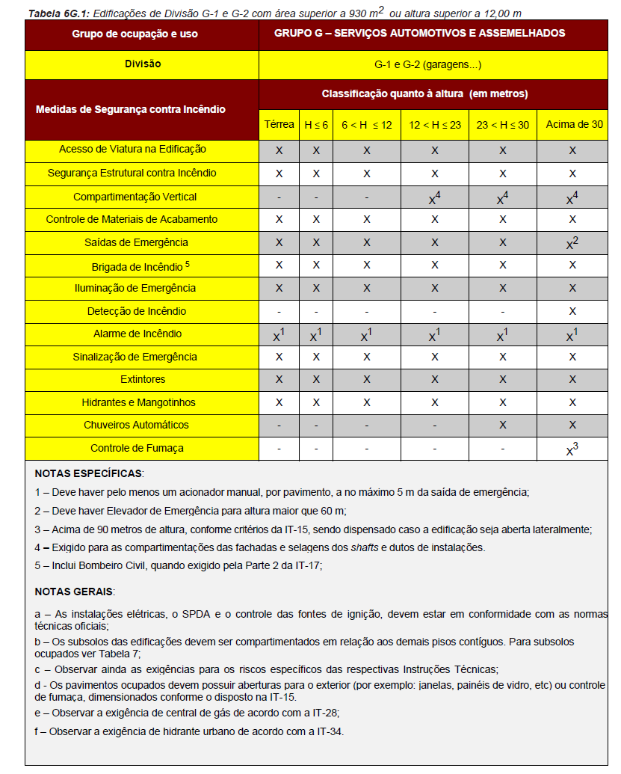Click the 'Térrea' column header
[x=279, y=125]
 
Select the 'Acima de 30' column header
[x=574, y=125]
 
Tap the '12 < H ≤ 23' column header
[x=434, y=125]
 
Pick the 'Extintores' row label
[x=142, y=379]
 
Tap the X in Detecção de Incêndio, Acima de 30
[x=573, y=311]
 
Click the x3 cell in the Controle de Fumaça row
[x=573, y=449]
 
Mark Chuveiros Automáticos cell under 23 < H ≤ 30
[x=502, y=425]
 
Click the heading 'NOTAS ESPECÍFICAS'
[x=89, y=474]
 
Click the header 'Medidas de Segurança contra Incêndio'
[x=131, y=109]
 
